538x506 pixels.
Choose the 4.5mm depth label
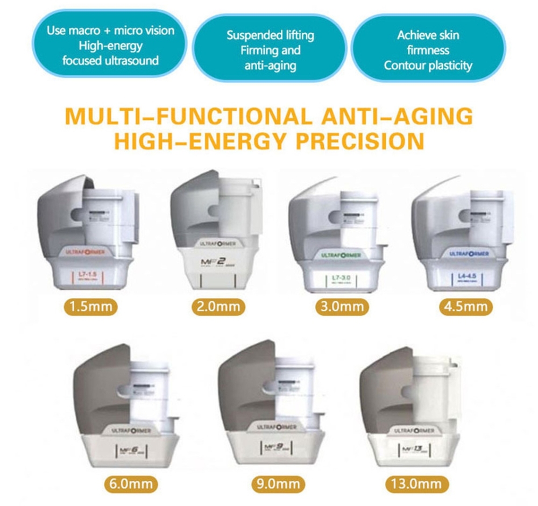(x=466, y=307)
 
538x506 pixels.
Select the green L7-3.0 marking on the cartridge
(x=342, y=278)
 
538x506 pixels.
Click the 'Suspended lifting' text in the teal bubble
(x=270, y=36)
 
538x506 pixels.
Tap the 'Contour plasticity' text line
(x=428, y=66)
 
